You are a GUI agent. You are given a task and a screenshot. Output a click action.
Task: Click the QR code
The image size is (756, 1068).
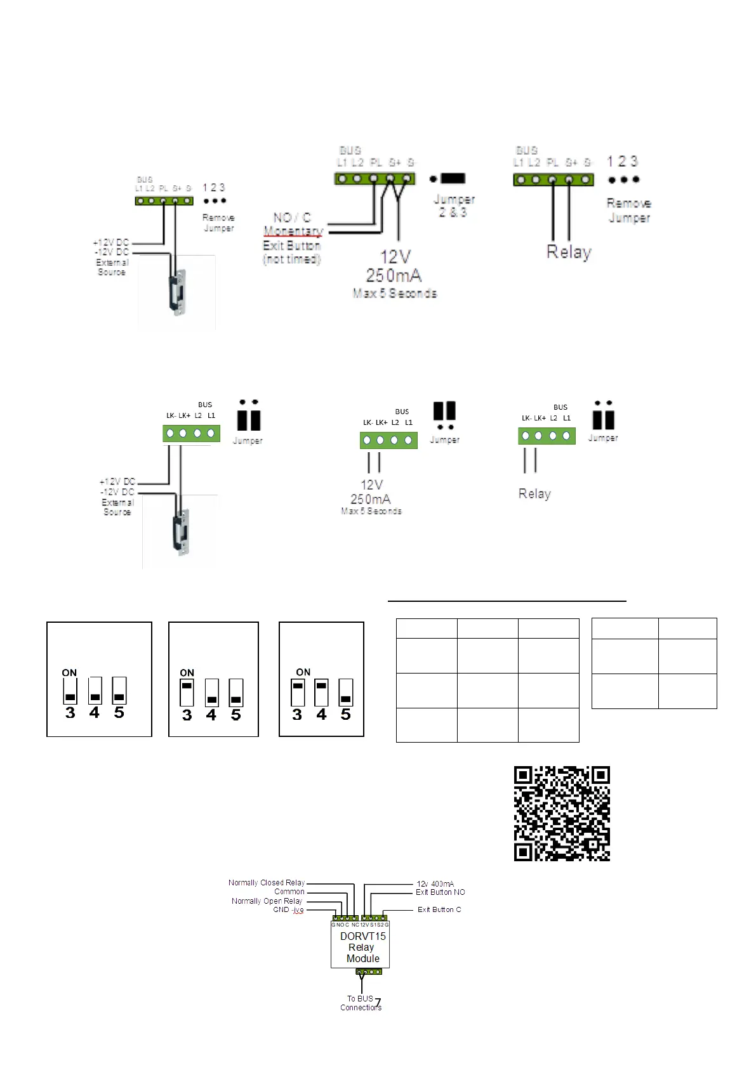pos(562,813)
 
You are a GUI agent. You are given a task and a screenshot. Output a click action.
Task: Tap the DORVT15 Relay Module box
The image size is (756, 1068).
pos(360,947)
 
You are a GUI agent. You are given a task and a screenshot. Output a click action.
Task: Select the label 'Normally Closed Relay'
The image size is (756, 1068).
pos(267,882)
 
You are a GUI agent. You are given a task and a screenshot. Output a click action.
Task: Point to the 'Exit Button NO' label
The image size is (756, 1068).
pos(440,892)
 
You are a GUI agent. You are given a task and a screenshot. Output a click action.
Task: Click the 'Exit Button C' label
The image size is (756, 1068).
pos(439,909)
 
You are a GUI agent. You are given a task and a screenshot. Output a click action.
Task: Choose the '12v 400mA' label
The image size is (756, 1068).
pos(435,883)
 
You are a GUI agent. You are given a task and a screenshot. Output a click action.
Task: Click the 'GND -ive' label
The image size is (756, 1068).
pos(288,909)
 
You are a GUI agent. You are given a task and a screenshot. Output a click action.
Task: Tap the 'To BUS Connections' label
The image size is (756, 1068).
pos(361,1003)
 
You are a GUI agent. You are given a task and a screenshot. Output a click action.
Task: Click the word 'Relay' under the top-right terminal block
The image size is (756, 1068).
pos(569,252)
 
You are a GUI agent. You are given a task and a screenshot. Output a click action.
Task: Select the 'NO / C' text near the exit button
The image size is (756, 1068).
pos(292,218)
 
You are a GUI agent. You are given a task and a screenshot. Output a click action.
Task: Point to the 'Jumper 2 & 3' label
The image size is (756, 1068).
pos(453,205)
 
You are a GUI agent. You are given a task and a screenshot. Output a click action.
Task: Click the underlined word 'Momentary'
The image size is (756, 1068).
pos(293,231)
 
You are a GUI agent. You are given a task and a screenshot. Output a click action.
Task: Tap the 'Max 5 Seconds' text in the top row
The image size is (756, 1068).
pos(395,293)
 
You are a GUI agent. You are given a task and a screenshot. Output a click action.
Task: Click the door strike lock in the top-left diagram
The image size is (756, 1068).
pos(178,292)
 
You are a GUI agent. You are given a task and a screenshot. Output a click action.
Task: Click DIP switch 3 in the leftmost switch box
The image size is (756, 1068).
pos(70,691)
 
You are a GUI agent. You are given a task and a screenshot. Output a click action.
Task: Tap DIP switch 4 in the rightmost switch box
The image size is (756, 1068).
pos(322,693)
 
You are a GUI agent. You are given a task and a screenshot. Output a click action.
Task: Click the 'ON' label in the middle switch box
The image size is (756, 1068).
pos(187,672)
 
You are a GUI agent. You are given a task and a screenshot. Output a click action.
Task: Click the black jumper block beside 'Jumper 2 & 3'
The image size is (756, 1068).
pos(453,178)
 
